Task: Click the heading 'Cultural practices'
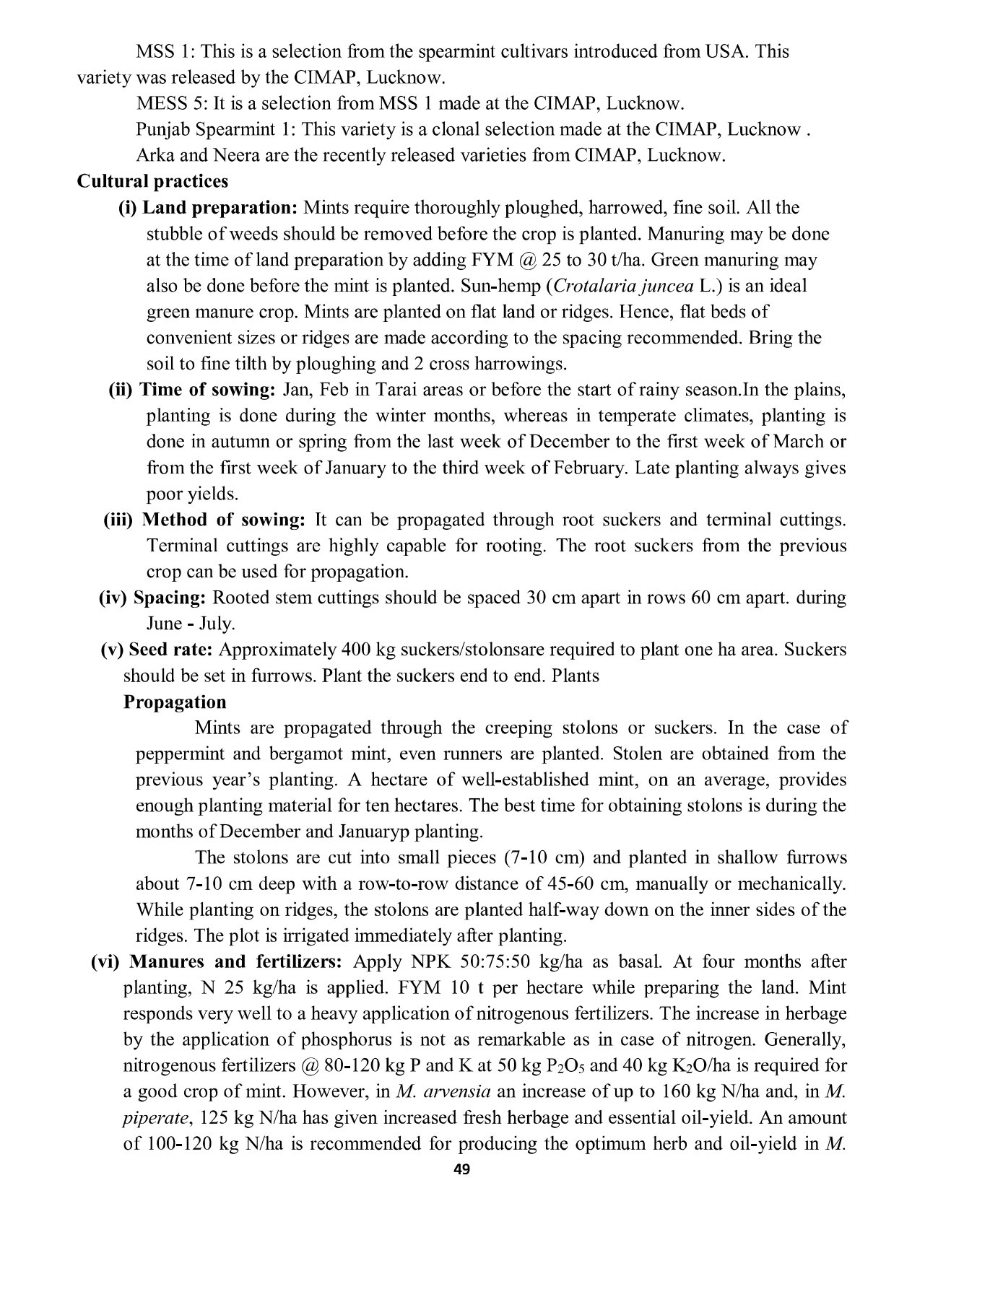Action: (x=152, y=181)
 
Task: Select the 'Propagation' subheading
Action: (x=175, y=702)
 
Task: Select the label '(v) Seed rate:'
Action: (x=156, y=650)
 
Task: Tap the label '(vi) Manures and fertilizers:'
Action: (x=220, y=962)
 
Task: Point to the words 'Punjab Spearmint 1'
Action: (x=213, y=130)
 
